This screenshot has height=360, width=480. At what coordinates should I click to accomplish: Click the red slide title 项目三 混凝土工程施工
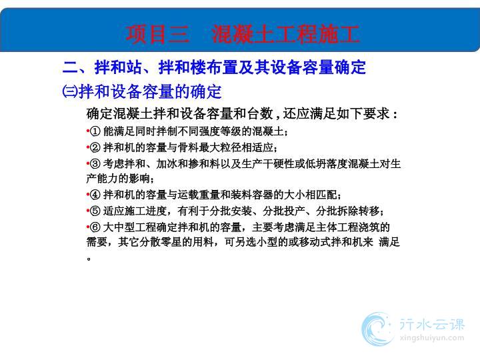[243, 34]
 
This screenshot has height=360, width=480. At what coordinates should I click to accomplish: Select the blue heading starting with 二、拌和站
[214, 67]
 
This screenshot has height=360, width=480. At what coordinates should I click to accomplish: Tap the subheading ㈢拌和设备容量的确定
[142, 91]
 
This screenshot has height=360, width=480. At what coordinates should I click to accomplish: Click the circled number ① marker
[95, 131]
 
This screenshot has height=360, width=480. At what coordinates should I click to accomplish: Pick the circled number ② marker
[95, 147]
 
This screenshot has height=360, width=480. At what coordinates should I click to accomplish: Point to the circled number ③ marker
[95, 164]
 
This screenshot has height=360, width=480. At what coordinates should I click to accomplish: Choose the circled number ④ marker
[95, 195]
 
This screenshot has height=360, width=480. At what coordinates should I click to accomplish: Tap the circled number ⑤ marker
[95, 211]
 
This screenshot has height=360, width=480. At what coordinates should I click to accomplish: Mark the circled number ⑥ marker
[95, 227]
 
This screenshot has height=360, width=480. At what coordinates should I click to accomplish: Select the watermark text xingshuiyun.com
[431, 338]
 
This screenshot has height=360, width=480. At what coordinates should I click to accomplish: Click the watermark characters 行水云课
[431, 324]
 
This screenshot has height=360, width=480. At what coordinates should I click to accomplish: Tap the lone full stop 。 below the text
[89, 259]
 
